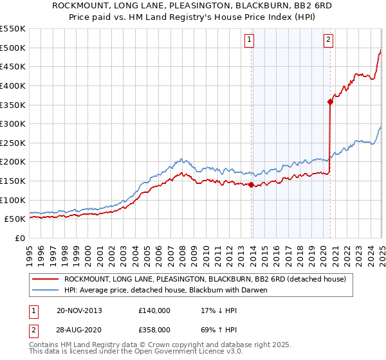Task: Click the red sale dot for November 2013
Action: pyautogui.click(x=251, y=185)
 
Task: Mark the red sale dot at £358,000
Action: pyautogui.click(x=330, y=101)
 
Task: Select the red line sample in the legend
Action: pyautogui.click(x=45, y=279)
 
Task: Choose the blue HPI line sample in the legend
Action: pyautogui.click(x=45, y=290)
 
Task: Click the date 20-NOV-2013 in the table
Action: pyautogui.click(x=79, y=310)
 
